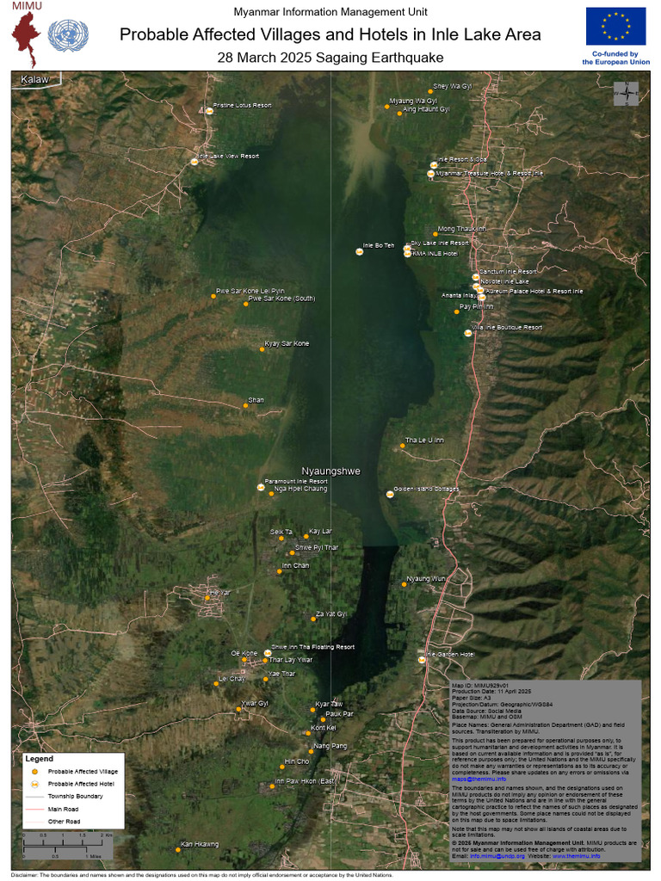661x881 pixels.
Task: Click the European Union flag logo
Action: click(x=615, y=26)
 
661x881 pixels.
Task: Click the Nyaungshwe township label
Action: click(x=330, y=471)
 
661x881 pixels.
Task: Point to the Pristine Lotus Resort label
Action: click(x=243, y=106)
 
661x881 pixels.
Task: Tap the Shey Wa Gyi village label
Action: click(x=453, y=87)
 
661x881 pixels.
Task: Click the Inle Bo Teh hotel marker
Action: click(x=360, y=251)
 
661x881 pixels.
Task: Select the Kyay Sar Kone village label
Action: click(x=287, y=343)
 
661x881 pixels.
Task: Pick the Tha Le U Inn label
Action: click(x=424, y=440)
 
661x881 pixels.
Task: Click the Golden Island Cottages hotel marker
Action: click(x=390, y=494)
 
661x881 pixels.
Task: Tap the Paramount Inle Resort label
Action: click(x=295, y=481)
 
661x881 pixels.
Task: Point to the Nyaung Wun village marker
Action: click(x=404, y=583)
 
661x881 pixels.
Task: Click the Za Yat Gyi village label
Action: click(x=331, y=614)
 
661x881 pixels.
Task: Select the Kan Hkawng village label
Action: click(x=200, y=844)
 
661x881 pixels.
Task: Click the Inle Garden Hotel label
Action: click(x=451, y=654)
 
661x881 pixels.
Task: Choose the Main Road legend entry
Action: click(x=64, y=809)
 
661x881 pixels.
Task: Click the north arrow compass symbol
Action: click(x=626, y=93)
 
